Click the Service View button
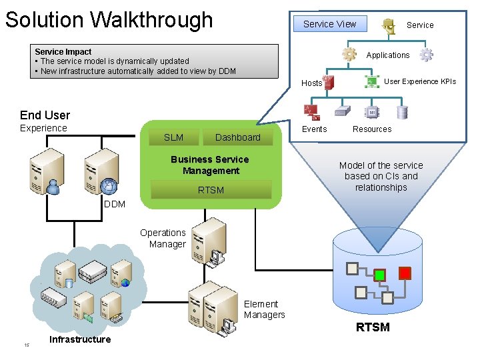point(329,24)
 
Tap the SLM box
point(173,137)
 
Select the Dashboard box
point(237,137)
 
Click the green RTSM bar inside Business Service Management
point(211,190)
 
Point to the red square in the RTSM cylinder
point(404,273)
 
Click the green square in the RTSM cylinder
point(379,275)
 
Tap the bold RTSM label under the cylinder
point(373,327)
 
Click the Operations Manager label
point(163,239)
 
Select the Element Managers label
point(264,309)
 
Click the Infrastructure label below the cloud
point(80,339)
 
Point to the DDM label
point(114,204)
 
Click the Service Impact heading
point(63,51)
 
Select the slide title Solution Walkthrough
point(109,19)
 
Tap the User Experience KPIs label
point(420,81)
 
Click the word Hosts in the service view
point(311,83)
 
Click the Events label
point(314,129)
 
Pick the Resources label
point(372,129)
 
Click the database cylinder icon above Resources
point(401,111)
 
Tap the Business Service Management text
point(210,165)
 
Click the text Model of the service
point(381,165)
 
